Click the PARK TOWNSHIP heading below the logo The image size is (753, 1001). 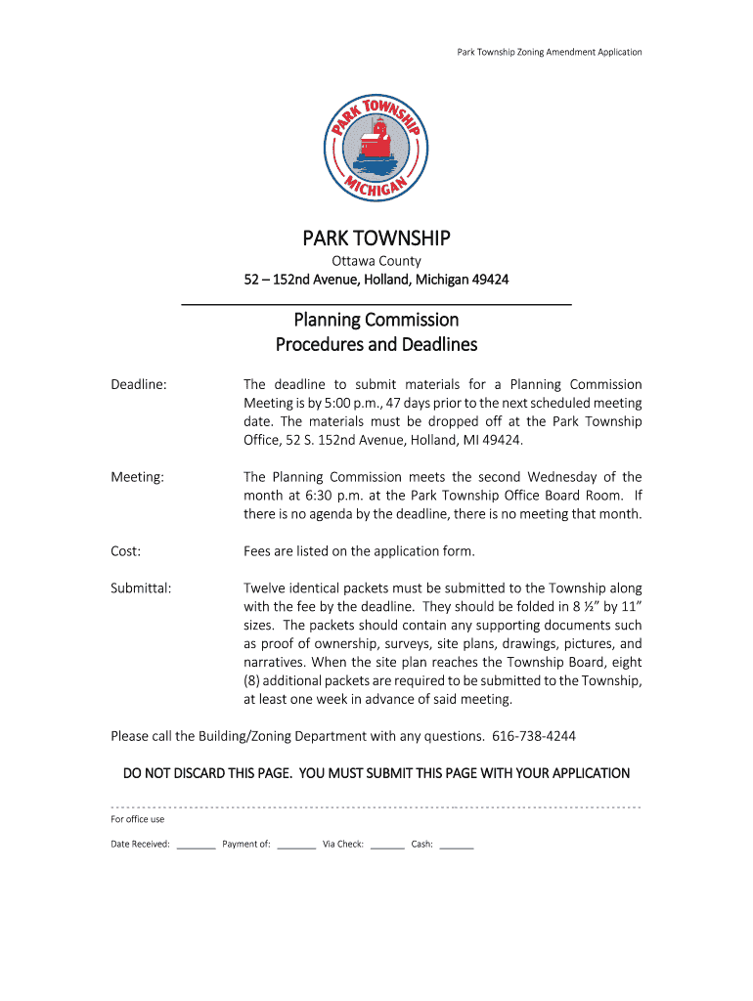(x=376, y=239)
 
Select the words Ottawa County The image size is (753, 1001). (x=376, y=261)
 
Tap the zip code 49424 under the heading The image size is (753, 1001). (x=489, y=281)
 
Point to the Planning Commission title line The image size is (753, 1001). (x=376, y=320)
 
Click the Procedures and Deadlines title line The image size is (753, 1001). (x=376, y=344)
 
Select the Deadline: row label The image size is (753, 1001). (x=139, y=384)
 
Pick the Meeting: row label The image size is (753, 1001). (x=137, y=477)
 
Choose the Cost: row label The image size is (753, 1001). (x=126, y=551)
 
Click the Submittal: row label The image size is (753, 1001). (x=141, y=588)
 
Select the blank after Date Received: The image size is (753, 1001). (x=196, y=845)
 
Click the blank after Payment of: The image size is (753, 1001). (x=296, y=845)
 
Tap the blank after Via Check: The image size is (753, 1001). (x=387, y=845)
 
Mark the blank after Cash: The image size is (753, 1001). (x=457, y=845)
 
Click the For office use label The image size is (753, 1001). (x=138, y=819)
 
